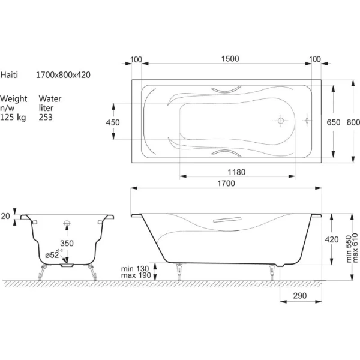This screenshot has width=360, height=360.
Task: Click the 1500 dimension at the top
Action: (230, 59)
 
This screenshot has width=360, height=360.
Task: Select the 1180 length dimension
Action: (236, 172)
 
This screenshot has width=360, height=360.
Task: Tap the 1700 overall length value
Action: (226, 183)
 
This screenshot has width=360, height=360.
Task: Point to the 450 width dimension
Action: (113, 122)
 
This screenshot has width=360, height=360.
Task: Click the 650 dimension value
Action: (334, 122)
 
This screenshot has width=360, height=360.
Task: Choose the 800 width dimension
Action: (353, 122)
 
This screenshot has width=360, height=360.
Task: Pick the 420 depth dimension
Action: (332, 239)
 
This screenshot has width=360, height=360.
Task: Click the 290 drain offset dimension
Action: (300, 296)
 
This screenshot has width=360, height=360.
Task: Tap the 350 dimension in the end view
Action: (67, 243)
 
